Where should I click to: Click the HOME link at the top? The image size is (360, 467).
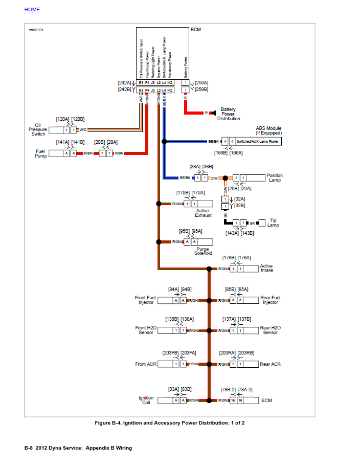tap(32, 10)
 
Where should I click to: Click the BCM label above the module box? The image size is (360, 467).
tap(196, 30)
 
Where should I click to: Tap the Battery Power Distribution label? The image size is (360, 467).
tap(229, 114)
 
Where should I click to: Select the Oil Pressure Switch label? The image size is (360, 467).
tap(38, 130)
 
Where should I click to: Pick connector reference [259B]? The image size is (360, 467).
tap(201, 90)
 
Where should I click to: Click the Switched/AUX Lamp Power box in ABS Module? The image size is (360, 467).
tap(258, 141)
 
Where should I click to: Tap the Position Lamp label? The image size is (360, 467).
tap(275, 178)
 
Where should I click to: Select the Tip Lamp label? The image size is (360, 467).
tap(274, 223)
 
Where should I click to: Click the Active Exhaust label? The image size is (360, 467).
tap(203, 213)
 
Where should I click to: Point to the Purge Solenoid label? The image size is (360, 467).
tap(202, 251)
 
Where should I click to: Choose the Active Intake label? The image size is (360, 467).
tap(266, 268)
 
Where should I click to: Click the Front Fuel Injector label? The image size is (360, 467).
tap(146, 300)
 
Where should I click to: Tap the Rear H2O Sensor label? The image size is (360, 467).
tap(271, 330)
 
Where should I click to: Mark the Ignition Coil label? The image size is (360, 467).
tap(146, 401)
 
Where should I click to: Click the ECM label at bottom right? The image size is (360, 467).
tap(266, 401)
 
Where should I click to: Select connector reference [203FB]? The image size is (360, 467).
tap(171, 353)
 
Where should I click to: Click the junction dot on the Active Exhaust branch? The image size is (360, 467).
tap(159, 204)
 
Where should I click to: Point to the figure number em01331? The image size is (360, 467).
tap(36, 30)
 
